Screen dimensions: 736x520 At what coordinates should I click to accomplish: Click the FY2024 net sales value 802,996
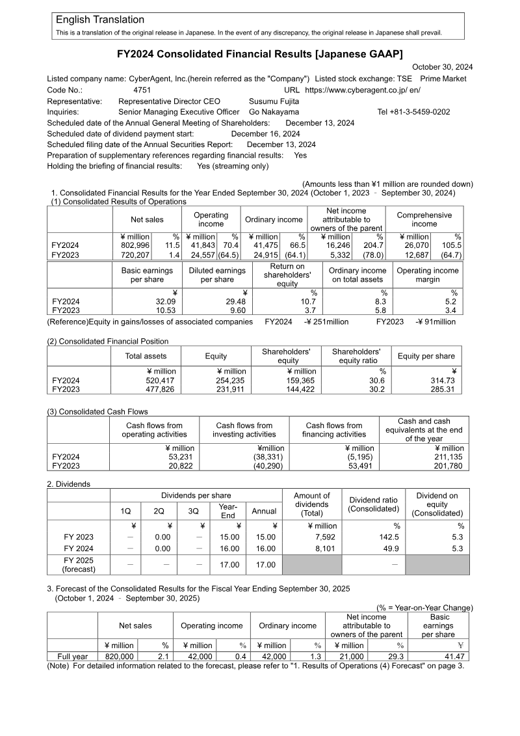(x=136, y=245)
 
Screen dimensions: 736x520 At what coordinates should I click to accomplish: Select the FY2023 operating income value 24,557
(x=200, y=254)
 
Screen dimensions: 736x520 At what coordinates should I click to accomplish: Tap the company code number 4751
(x=142, y=90)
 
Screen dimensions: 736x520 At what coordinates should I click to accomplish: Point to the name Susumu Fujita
(x=274, y=102)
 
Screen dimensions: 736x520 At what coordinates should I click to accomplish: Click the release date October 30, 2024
(x=443, y=67)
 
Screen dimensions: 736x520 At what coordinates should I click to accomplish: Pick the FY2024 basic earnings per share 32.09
(x=166, y=302)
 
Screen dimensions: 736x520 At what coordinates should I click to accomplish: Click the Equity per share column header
(x=426, y=356)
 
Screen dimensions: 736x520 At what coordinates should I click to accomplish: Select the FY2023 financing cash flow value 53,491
(x=361, y=466)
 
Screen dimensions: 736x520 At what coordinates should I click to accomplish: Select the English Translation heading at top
(x=100, y=20)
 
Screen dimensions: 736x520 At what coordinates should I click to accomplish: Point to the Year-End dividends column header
(x=227, y=511)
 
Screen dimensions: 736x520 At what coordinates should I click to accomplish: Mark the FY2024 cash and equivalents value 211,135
(x=448, y=457)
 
